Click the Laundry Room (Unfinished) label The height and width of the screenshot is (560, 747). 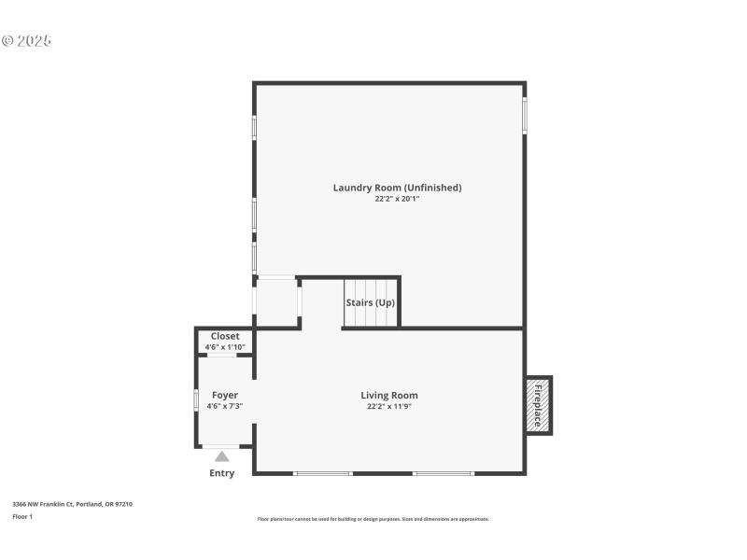[x=397, y=188]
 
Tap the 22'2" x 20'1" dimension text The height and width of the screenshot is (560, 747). [x=397, y=199]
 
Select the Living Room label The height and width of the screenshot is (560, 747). [x=389, y=395]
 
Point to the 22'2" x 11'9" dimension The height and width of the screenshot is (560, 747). [x=389, y=406]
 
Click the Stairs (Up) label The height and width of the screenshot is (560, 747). [x=371, y=302]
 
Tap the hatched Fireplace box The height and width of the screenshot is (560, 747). [x=538, y=405]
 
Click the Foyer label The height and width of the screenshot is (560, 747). [x=225, y=395]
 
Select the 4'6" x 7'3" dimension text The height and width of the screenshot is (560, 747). [x=225, y=406]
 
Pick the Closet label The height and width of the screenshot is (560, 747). [x=225, y=336]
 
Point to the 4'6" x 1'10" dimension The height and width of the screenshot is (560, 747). [x=225, y=347]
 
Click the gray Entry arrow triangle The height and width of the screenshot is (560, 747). [x=222, y=456]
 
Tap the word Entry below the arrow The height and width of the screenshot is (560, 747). [x=222, y=473]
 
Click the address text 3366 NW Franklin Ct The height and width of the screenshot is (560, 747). [x=72, y=504]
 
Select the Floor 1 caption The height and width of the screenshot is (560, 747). [x=22, y=516]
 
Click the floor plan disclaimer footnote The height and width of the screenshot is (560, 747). [x=373, y=519]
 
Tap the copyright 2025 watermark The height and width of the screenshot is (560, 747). [x=26, y=41]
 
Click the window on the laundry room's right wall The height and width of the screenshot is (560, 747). [x=524, y=116]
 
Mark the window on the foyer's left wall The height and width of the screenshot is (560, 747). [x=196, y=398]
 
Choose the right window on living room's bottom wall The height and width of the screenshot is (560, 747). [x=444, y=473]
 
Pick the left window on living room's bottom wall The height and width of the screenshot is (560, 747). [x=322, y=473]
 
